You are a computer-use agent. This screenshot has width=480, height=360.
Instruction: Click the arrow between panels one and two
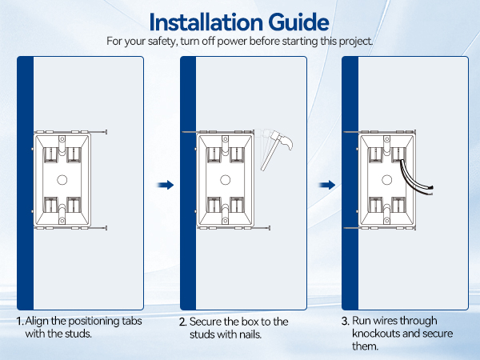[x=165, y=185]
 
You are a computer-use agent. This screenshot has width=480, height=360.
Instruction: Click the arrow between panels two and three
[x=326, y=185]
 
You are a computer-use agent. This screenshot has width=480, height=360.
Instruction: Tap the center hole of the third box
[x=389, y=178]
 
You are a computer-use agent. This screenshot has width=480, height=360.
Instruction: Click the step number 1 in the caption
[x=19, y=322]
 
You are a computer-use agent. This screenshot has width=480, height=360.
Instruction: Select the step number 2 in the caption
[x=182, y=322]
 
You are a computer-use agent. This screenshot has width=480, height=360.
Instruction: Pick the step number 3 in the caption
[x=346, y=322]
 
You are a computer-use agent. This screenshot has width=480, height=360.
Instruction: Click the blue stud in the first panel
[x=24, y=184]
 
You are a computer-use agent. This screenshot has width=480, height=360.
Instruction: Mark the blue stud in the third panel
[x=350, y=184]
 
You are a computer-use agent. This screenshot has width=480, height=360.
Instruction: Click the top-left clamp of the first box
[x=50, y=152]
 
